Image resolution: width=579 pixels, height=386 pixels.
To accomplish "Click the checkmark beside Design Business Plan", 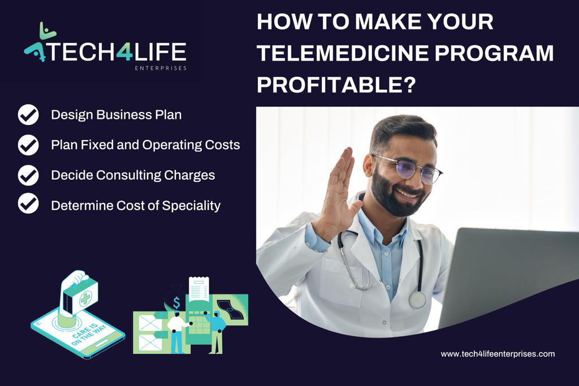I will pos(28,115).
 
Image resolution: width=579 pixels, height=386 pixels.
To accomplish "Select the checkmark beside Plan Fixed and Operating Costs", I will pos(28,145).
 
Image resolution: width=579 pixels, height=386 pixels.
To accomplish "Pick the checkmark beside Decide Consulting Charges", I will pos(28,175).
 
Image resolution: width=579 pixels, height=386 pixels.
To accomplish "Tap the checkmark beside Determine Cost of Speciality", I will pos(28,205).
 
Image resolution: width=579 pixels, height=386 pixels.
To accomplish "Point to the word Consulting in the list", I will pos(128,175).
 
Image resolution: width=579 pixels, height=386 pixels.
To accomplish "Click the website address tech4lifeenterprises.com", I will pos(498,354).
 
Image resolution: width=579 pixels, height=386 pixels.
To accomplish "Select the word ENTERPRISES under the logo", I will pos(161,68).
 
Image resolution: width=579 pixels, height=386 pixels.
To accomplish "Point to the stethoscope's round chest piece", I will pos(417,300).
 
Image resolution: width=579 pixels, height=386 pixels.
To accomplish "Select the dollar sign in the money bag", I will pos(176,302).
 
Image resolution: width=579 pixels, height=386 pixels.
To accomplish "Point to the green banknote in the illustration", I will pos(231,309).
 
